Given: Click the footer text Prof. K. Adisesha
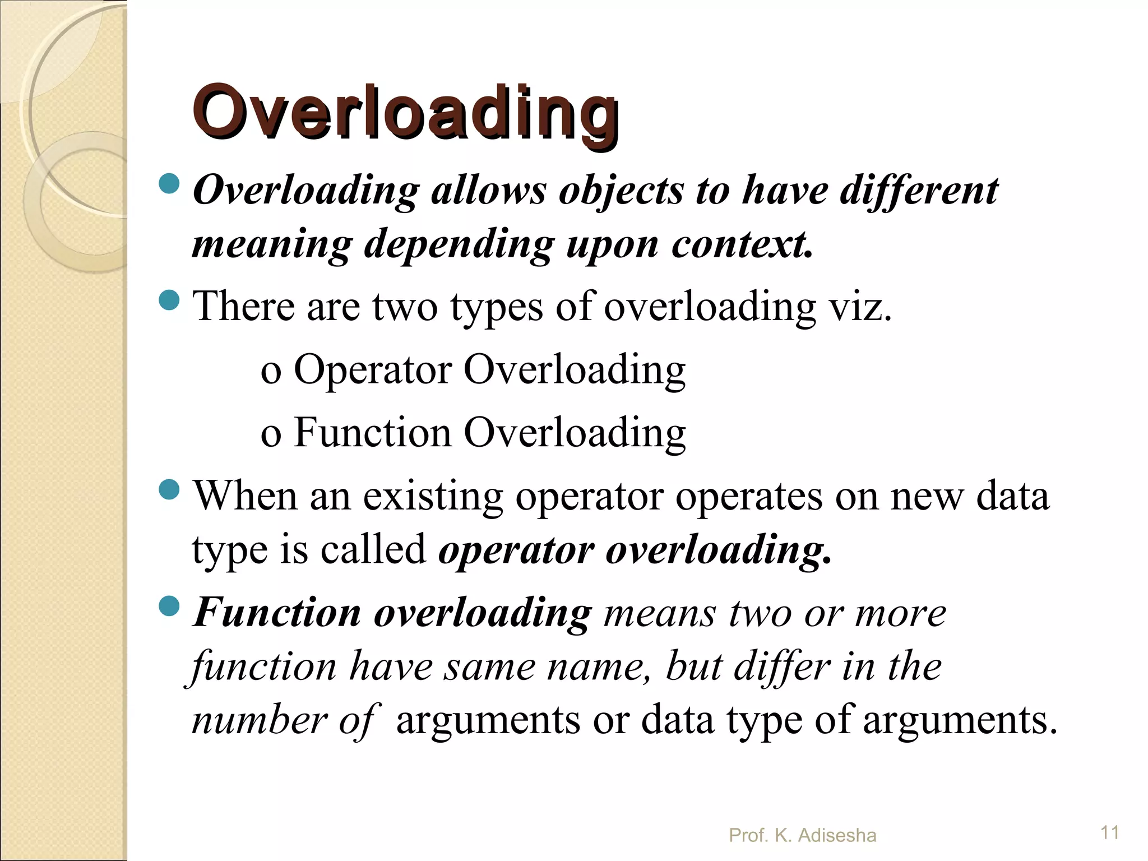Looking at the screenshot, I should pos(802,836).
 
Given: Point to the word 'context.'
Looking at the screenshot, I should pos(742,245).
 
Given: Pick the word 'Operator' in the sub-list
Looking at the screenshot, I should pos(373,371).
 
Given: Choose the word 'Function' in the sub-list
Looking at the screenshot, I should pos(373,433).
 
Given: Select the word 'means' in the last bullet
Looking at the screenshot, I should pos(660,613).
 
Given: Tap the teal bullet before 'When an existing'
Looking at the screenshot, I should pos(169,490).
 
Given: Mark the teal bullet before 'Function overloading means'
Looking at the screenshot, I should pos(169,606).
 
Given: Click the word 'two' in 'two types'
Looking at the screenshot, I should pos(405,307).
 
